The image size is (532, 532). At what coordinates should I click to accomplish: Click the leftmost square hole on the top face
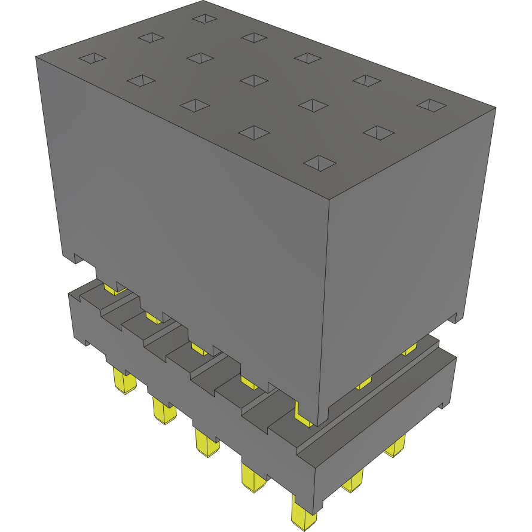click(x=93, y=59)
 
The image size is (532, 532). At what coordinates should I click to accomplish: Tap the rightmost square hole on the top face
click(x=431, y=105)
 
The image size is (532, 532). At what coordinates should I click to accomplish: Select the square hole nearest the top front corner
click(x=320, y=163)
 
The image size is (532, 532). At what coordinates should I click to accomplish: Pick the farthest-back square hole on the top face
click(x=205, y=19)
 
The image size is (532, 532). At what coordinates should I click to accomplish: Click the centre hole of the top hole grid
click(x=254, y=80)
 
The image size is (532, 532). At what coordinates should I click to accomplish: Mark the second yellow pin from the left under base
click(x=163, y=411)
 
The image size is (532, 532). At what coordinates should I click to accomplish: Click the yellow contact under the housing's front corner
click(x=303, y=415)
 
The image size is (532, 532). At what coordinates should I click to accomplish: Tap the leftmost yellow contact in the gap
click(x=114, y=289)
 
